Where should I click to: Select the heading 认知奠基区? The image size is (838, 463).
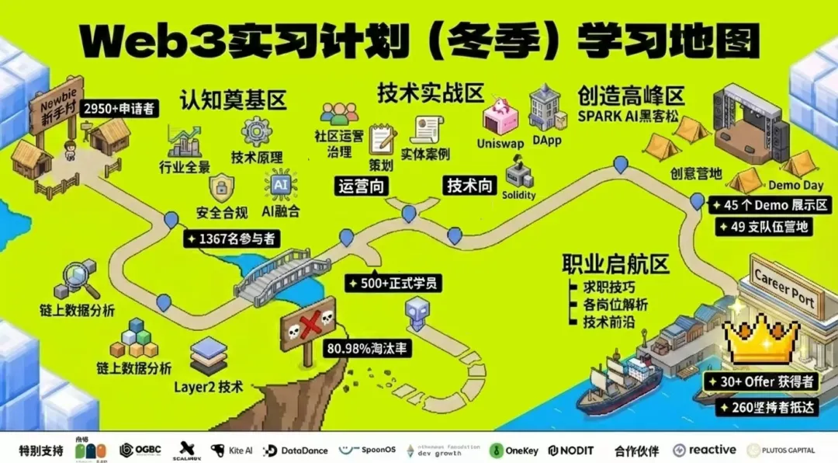tap(234, 100)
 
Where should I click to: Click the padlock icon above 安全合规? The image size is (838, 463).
tap(222, 187)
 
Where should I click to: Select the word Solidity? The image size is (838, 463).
tap(518, 195)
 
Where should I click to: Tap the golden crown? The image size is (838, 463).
tap(760, 339)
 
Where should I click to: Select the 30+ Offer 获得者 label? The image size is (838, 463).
tap(760, 382)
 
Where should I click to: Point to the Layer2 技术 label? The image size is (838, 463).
tap(209, 386)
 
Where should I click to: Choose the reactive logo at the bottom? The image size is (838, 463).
tap(704, 450)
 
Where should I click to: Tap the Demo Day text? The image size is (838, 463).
tap(795, 186)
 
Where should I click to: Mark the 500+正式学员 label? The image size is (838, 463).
tap(394, 284)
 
